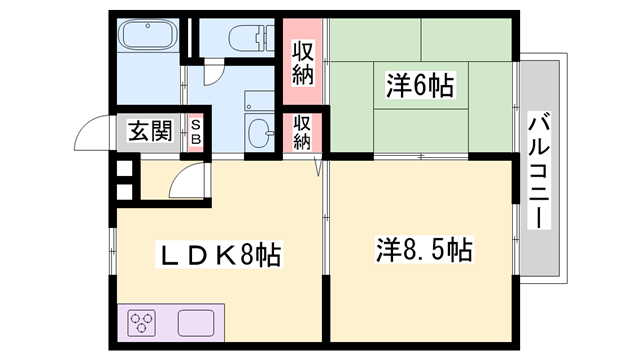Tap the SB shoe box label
pyautogui.click(x=196, y=131)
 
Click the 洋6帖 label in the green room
pyautogui.click(x=420, y=88)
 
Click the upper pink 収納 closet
pyautogui.click(x=304, y=63)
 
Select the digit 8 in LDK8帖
pyautogui.click(x=238, y=256)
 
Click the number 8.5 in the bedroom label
pyautogui.click(x=417, y=248)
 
